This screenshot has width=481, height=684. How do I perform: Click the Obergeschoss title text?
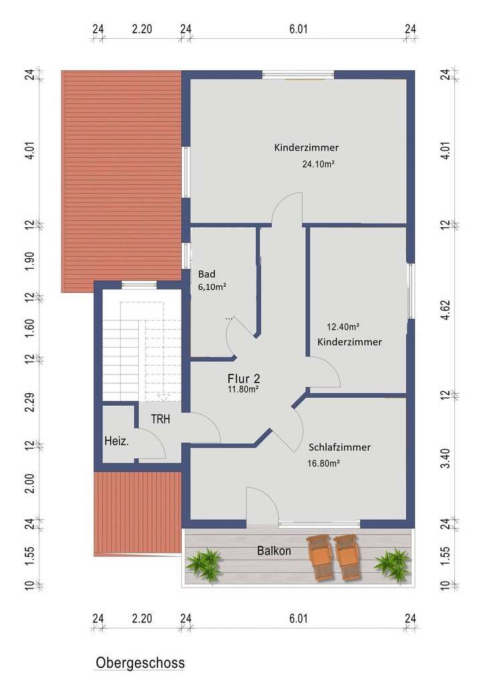(140, 663)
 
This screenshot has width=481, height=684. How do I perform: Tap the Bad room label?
(206, 274)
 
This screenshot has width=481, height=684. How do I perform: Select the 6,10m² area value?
(212, 287)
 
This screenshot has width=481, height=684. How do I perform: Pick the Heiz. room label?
(117, 441)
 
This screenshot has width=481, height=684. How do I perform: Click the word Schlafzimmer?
(339, 447)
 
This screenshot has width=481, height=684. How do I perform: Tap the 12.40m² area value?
(343, 327)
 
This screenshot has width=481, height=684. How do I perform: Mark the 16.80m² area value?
(323, 463)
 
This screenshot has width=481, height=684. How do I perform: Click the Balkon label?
(274, 551)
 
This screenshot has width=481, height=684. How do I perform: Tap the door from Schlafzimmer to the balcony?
(261, 505)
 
